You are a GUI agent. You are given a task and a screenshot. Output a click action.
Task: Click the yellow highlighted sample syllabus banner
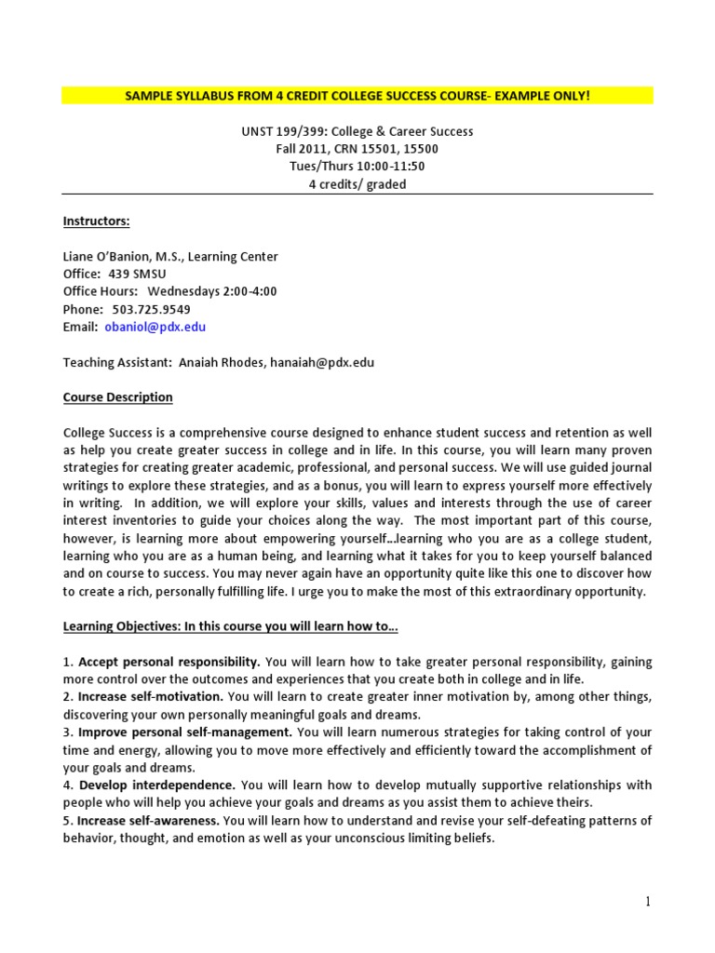pyautogui.click(x=357, y=96)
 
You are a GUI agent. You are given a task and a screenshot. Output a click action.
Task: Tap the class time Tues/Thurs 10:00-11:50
pyautogui.click(x=357, y=167)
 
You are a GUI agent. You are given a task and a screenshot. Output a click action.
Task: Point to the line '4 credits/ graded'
pyautogui.click(x=357, y=184)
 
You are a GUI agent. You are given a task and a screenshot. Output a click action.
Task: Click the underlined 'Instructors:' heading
pyautogui.click(x=96, y=221)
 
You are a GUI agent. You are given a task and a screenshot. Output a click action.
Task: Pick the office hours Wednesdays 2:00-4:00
pyautogui.click(x=211, y=291)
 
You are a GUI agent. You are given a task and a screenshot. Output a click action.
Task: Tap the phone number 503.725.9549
pyautogui.click(x=146, y=309)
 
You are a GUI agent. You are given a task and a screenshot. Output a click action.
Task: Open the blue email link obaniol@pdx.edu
pyautogui.click(x=154, y=327)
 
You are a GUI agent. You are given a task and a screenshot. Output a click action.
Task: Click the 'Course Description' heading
pyautogui.click(x=117, y=397)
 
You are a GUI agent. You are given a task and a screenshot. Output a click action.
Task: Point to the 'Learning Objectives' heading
pyautogui.click(x=230, y=626)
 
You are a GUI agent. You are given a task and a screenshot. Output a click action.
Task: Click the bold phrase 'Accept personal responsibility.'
pyautogui.click(x=169, y=662)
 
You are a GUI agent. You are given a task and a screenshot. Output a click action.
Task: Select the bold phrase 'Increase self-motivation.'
pyautogui.click(x=150, y=697)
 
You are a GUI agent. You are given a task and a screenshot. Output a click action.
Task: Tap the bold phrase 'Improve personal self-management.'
pyautogui.click(x=185, y=732)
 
